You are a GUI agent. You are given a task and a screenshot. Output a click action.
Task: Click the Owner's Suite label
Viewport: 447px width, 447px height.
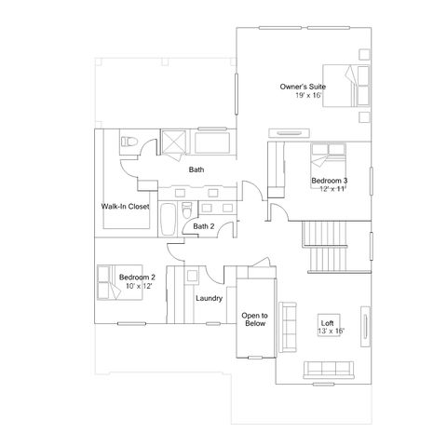pyautogui.click(x=303, y=87)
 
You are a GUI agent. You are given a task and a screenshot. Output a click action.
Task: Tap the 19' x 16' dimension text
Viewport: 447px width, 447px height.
pyautogui.click(x=308, y=95)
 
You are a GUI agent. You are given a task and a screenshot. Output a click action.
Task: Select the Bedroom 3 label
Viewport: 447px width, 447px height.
pyautogui.click(x=330, y=181)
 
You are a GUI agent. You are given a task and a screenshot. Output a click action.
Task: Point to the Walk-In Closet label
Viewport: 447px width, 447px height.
pyautogui.click(x=125, y=207)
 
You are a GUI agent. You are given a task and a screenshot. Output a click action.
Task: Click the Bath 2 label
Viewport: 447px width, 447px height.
pyautogui.click(x=204, y=226)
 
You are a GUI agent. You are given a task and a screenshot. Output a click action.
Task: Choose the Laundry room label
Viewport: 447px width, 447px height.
pyautogui.click(x=210, y=298)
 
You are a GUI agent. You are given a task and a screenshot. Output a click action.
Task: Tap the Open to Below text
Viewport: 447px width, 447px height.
pyautogui.click(x=255, y=319)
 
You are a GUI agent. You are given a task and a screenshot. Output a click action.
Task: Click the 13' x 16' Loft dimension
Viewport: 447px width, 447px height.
pyautogui.click(x=331, y=332)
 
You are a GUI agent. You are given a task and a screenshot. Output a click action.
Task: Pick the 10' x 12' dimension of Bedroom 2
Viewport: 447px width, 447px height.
pyautogui.click(x=139, y=286)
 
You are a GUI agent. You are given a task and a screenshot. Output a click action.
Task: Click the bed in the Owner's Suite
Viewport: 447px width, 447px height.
pyautogui.click(x=346, y=86)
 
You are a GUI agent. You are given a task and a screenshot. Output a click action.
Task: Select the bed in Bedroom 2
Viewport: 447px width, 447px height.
pyautogui.click(x=120, y=282)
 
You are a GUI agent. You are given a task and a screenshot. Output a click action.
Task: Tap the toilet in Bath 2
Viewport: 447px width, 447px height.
pyautogui.click(x=187, y=210)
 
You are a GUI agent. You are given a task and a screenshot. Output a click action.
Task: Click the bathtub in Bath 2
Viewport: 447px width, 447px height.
pyautogui.click(x=169, y=220)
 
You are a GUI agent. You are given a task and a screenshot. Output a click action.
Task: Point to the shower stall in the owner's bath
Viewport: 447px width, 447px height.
pyautogui.click(x=174, y=142)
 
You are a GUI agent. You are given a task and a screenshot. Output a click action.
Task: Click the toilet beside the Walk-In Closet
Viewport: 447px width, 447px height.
pyautogui.click(x=129, y=142)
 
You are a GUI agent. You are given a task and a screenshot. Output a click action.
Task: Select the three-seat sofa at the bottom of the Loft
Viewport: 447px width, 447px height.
pyautogui.click(x=329, y=370)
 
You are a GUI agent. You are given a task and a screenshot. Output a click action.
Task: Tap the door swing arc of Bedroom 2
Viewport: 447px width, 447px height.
pyautogui.click(x=174, y=252)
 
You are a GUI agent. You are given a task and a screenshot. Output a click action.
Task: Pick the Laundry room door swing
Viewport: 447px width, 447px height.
pyautogui.click(x=214, y=275)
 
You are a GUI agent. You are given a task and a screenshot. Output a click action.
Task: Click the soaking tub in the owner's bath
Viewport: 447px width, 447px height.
pyautogui.click(x=212, y=142)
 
